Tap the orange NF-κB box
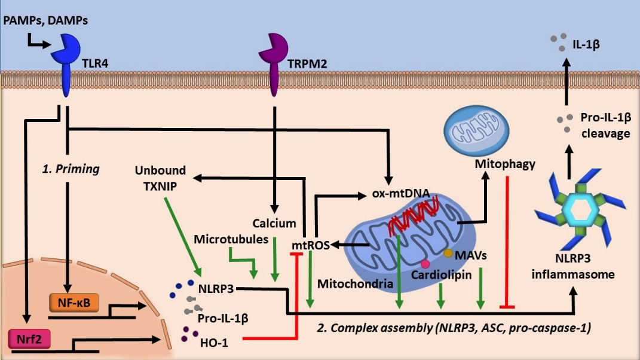point(74,303)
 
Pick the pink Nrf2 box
point(29,339)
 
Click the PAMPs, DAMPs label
point(45,20)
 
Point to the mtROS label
point(311,245)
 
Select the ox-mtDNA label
point(401,193)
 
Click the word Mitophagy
point(505,164)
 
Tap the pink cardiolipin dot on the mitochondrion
point(425,264)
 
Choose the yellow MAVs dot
point(448,254)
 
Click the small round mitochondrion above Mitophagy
point(476,129)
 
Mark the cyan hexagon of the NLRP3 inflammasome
point(580,210)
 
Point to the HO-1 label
point(214,343)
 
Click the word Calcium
point(274,223)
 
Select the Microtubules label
point(231,239)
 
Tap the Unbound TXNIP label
point(160,178)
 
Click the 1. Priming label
point(71,169)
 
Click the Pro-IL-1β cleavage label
point(606,126)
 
